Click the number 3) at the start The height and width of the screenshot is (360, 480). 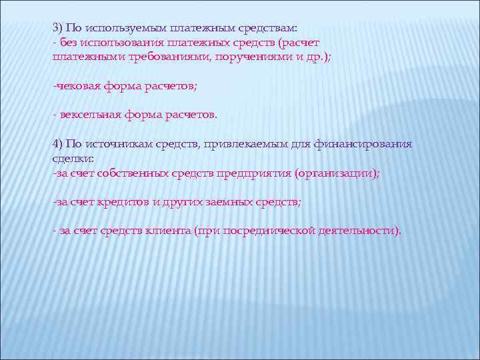58,29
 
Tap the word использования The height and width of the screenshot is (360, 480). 115,43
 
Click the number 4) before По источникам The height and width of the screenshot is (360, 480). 58,144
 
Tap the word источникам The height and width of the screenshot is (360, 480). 114,144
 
